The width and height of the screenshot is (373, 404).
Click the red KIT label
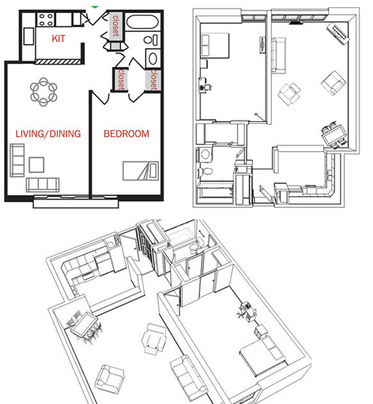[58, 39]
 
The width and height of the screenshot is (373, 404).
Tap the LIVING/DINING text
[48, 134]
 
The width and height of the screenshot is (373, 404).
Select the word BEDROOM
[126, 134]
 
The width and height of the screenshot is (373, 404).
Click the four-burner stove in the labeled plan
[46, 19]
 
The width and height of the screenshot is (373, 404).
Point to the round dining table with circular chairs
[43, 92]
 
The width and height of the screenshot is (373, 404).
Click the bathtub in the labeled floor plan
[142, 22]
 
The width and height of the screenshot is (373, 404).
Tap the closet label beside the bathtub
[116, 26]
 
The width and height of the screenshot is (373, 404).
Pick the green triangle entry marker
[95, 7]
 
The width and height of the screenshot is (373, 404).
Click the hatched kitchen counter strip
[57, 62]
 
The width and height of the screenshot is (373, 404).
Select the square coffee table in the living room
[36, 165]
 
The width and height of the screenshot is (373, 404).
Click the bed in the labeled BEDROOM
[141, 171]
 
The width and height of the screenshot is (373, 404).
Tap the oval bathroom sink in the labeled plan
[153, 58]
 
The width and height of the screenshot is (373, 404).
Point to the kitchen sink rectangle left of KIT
[28, 36]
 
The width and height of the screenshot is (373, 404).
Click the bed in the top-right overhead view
[215, 46]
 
